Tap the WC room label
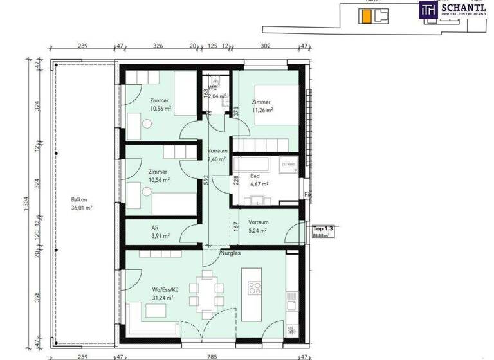click(220, 93)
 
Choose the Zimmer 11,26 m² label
click(262, 106)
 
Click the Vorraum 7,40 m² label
click(217, 155)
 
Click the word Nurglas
click(230, 253)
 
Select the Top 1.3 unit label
click(324, 229)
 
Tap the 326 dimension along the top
click(158, 46)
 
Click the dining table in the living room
click(208, 292)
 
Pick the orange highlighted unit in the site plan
click(366, 17)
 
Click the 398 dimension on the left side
click(37, 296)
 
